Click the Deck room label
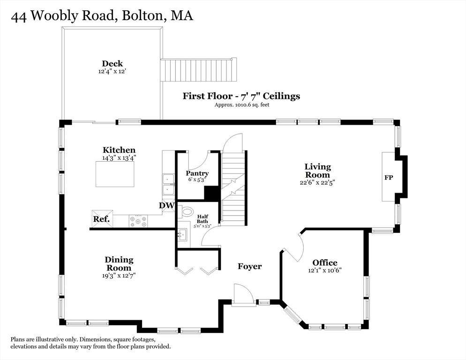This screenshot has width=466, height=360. (x=113, y=64)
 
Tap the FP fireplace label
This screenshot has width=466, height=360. (x=389, y=178)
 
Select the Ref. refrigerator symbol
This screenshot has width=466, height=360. (x=102, y=219)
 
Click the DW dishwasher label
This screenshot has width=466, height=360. (x=166, y=205)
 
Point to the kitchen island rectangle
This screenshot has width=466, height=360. (x=115, y=174)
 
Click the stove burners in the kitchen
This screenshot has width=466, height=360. (x=138, y=221)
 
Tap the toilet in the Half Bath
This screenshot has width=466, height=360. (x=187, y=211)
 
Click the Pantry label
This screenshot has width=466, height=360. (x=197, y=173)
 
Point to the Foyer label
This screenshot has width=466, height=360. (x=249, y=266)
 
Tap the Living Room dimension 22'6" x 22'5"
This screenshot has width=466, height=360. (x=317, y=182)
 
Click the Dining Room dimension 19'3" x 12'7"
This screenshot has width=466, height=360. (x=119, y=276)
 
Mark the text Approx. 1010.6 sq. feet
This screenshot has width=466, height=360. (x=241, y=105)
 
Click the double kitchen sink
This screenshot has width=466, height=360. (x=167, y=184)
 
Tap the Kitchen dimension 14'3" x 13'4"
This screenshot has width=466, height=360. (x=119, y=158)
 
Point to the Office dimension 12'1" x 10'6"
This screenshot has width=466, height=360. (x=325, y=270)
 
